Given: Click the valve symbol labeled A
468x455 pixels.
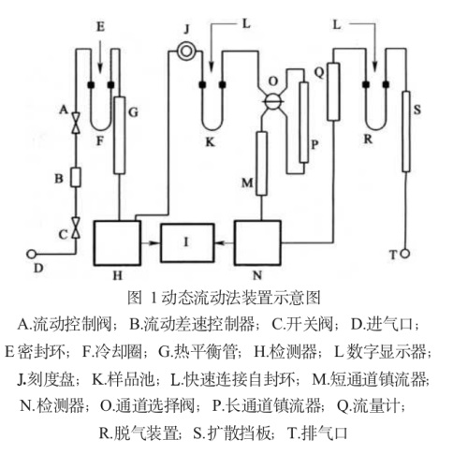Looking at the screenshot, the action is tap(76, 123).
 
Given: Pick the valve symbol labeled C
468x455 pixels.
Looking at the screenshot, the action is tap(76, 228).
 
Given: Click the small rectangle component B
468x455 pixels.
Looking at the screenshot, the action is tap(76, 177).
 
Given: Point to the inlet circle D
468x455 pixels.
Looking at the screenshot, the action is tap(31, 254).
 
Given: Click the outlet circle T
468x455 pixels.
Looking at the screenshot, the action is tap(404, 254).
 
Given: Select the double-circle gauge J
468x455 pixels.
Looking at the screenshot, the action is tap(186, 51).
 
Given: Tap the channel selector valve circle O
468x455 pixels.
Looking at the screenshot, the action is tap(273, 101).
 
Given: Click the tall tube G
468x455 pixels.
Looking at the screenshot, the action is tap(119, 135).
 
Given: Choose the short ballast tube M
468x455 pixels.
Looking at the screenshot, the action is tap(261, 164).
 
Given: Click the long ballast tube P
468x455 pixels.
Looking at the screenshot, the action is tap(303, 123).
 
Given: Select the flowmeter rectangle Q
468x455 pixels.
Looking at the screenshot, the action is tap(333, 92).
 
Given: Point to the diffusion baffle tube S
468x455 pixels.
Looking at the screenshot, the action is tap(405, 131).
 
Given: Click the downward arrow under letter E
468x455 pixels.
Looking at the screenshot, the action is tap(100, 56).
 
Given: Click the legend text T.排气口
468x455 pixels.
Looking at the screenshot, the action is tap(317, 433).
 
